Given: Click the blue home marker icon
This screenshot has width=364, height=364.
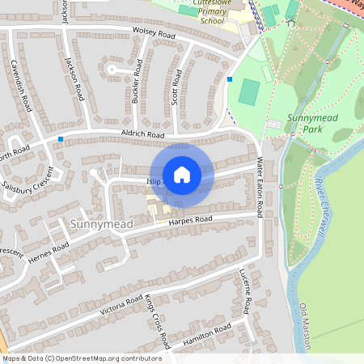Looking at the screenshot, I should (182, 174).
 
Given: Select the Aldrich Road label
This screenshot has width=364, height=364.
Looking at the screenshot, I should (142, 134).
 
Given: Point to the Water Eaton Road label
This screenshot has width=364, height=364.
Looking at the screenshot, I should (259, 188).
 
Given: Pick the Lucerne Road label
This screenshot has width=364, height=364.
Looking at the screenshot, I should (244, 292).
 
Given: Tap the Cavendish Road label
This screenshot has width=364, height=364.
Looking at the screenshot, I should (21, 85).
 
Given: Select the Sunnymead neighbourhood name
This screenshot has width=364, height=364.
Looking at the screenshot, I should (101, 223).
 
